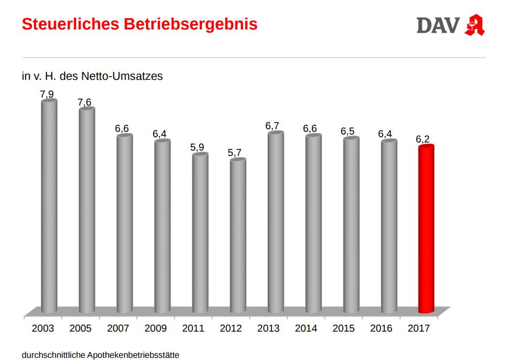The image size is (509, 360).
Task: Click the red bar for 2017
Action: [x=426, y=229]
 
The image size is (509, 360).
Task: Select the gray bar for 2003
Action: [x=49, y=206]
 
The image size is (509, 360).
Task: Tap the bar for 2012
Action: [x=238, y=236]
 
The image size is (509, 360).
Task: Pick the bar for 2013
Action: [x=276, y=222]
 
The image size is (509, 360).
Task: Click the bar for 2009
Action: [x=162, y=226]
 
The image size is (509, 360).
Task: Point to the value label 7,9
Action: [x=47, y=94]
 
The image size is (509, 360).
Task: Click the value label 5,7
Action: [x=234, y=153]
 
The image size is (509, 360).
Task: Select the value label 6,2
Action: [x=423, y=139]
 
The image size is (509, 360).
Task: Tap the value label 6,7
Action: [x=272, y=126]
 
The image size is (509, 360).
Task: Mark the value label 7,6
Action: [x=85, y=102]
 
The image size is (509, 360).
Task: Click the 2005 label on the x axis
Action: [x=80, y=328]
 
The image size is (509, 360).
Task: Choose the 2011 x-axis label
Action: [x=193, y=328]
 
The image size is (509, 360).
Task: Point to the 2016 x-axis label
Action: [x=381, y=328]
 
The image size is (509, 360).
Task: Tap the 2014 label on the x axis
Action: [x=306, y=328]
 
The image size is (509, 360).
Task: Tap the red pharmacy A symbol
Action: [x=474, y=25]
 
